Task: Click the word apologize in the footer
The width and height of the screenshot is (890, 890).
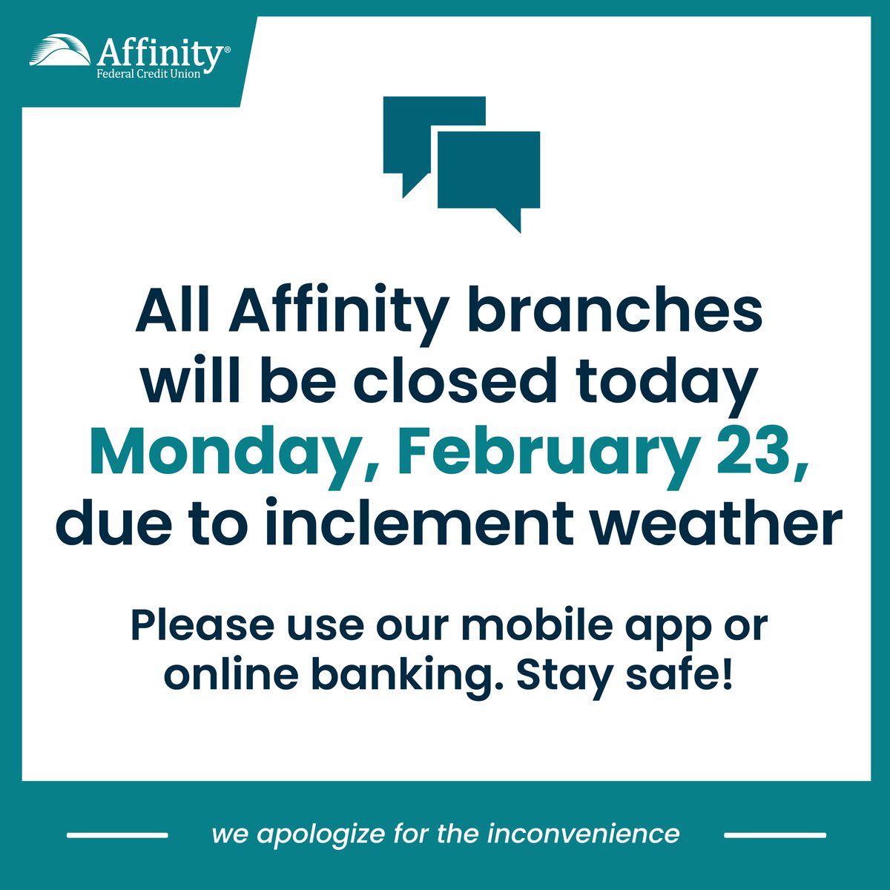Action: point(320,834)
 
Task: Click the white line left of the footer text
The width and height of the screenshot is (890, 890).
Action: point(117,835)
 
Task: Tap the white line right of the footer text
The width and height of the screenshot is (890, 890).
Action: point(774,835)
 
